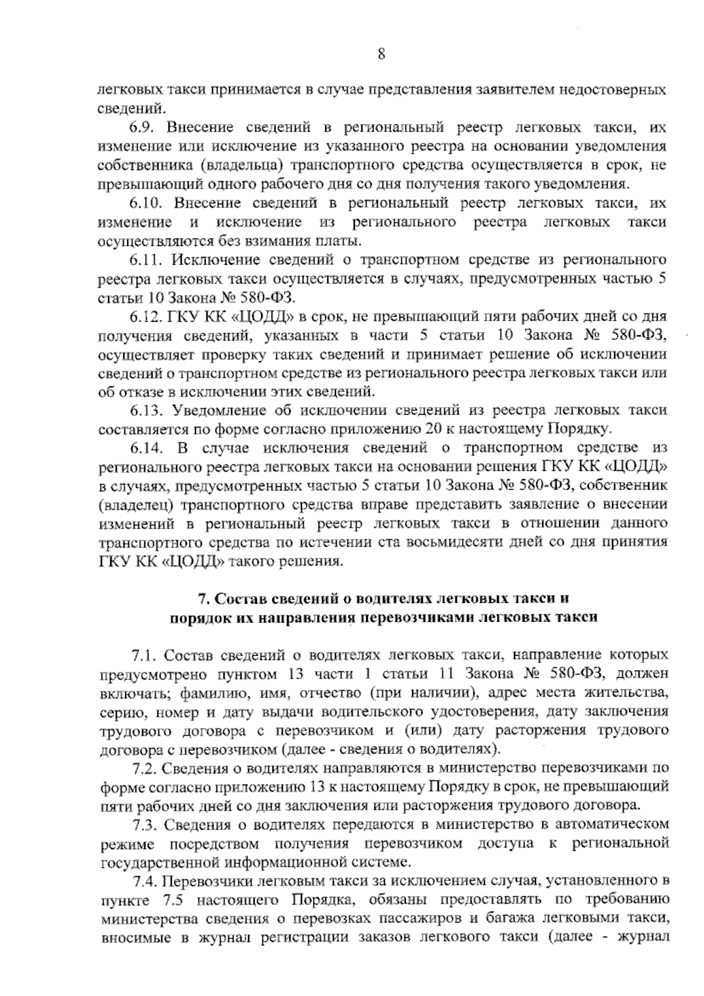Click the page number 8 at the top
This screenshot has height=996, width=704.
coord(381,55)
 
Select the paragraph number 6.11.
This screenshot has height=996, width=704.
coord(145,259)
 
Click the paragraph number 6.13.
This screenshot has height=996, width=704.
coord(145,410)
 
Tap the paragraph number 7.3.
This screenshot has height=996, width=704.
coord(144,825)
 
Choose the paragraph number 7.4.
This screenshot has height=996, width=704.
coord(145,881)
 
